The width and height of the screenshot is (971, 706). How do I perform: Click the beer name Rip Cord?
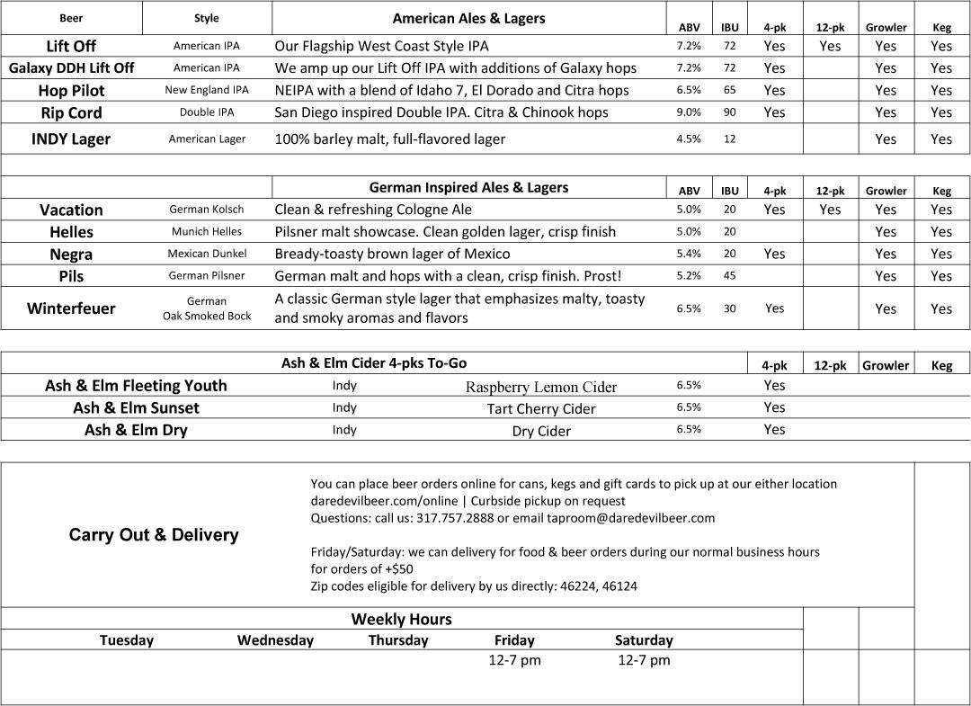tap(71, 112)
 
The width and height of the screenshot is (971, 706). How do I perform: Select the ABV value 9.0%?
tap(689, 112)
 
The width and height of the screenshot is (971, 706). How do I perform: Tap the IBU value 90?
tap(729, 112)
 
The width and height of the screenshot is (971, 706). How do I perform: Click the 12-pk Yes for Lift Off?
tap(830, 46)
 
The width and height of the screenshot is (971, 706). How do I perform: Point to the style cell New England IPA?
tap(207, 90)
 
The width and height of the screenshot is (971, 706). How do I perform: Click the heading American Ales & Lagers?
tap(468, 18)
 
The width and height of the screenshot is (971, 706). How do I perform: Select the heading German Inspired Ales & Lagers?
tap(468, 188)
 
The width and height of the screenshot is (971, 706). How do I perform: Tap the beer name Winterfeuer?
tap(71, 308)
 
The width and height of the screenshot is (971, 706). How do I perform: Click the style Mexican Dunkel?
tap(207, 254)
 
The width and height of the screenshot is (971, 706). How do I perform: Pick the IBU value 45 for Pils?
tap(729, 276)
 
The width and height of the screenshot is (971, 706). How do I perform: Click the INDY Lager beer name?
tap(71, 139)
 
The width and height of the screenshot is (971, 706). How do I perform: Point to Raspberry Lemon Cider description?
tap(541, 388)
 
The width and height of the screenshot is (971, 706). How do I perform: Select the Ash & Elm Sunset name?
tap(136, 407)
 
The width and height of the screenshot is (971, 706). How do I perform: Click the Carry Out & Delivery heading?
tap(154, 535)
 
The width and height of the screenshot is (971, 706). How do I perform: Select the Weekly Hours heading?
tap(401, 619)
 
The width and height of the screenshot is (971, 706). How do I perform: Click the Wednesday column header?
tap(275, 640)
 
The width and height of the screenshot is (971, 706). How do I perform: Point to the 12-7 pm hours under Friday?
tap(514, 660)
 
